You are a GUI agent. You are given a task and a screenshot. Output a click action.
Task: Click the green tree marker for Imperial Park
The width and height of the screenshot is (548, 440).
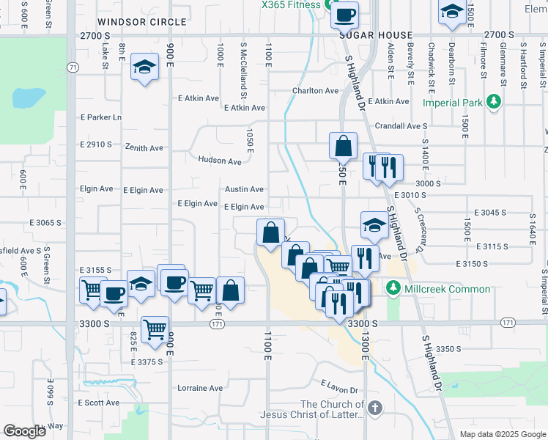(495, 100)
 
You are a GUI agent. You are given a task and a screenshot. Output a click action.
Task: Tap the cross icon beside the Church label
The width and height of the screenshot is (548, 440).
(375, 407)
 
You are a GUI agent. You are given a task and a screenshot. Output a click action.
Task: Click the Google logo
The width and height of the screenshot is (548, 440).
(24, 430)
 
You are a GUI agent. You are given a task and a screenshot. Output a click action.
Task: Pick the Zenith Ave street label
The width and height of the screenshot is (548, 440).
(144, 147)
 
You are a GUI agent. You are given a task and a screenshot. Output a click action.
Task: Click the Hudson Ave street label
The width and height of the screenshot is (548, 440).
(219, 161)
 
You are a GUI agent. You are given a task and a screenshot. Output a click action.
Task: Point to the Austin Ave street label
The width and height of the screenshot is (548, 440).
(244, 189)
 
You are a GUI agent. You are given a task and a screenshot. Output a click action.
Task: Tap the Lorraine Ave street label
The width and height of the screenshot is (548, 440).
(200, 388)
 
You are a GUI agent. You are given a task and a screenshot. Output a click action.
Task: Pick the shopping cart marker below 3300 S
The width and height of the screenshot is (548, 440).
(155, 329)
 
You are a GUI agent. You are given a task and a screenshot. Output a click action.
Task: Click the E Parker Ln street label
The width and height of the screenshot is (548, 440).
(101, 117)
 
